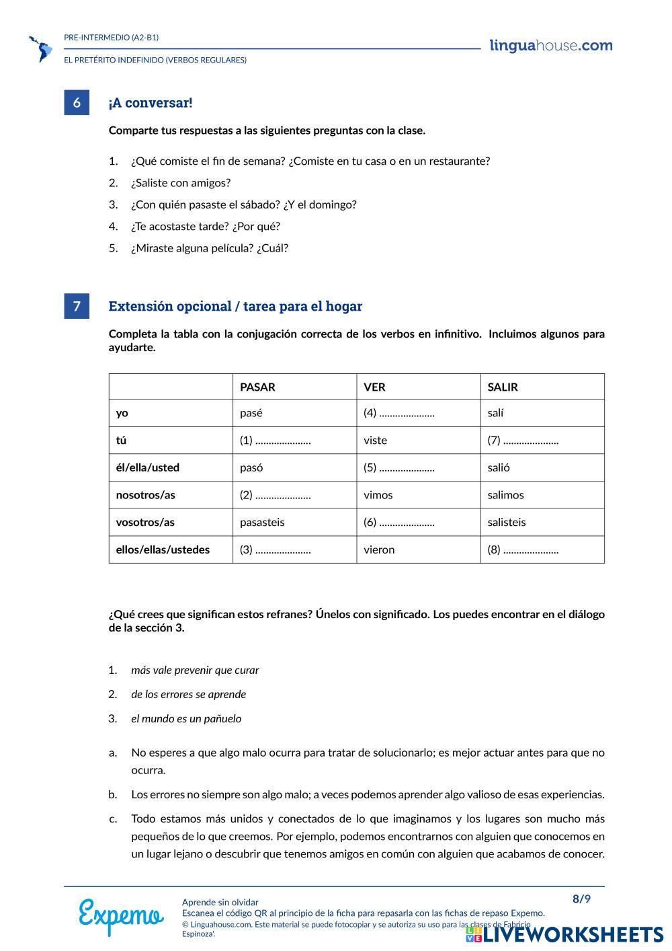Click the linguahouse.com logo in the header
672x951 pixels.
[x=551, y=46]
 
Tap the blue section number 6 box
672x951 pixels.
[x=77, y=102]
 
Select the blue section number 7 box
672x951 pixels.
[x=77, y=306]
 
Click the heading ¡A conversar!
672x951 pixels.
[x=151, y=103]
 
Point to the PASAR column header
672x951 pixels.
[x=257, y=387]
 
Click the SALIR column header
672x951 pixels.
[x=503, y=387]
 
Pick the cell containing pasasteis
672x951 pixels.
[x=262, y=522]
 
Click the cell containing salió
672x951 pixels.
[x=499, y=467]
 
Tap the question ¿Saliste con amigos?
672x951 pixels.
[x=181, y=183]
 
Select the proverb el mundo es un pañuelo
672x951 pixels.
[x=186, y=718]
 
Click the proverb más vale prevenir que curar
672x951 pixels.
[x=195, y=670]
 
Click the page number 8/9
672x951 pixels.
[x=581, y=899]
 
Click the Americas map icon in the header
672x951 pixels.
[x=41, y=48]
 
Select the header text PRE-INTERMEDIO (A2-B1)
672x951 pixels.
[x=112, y=38]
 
